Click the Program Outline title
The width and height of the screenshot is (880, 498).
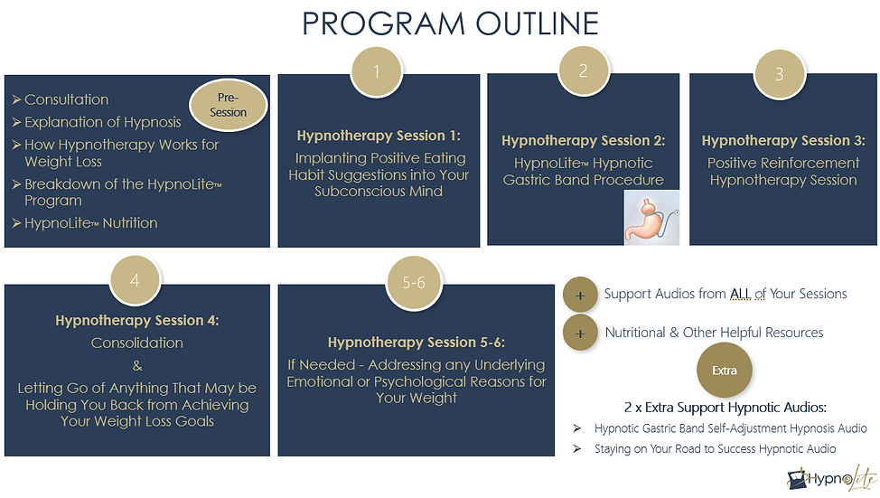click(450, 23)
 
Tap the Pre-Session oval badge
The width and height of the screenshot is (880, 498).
click(228, 106)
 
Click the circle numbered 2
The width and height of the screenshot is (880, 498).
click(583, 71)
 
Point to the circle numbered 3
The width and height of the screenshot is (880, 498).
click(780, 74)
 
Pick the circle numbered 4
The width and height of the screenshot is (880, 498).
click(135, 280)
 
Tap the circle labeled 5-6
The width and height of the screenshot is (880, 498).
click(413, 283)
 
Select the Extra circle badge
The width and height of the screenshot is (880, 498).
click(724, 371)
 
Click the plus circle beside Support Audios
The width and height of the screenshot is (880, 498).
click(580, 295)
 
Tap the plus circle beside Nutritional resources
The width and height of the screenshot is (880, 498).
click(580, 334)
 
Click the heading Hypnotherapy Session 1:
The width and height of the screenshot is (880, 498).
click(379, 136)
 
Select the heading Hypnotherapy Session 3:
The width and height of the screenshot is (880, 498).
click(783, 141)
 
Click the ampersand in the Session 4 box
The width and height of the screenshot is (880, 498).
click(137, 365)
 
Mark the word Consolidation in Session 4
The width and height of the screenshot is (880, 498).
click(137, 343)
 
